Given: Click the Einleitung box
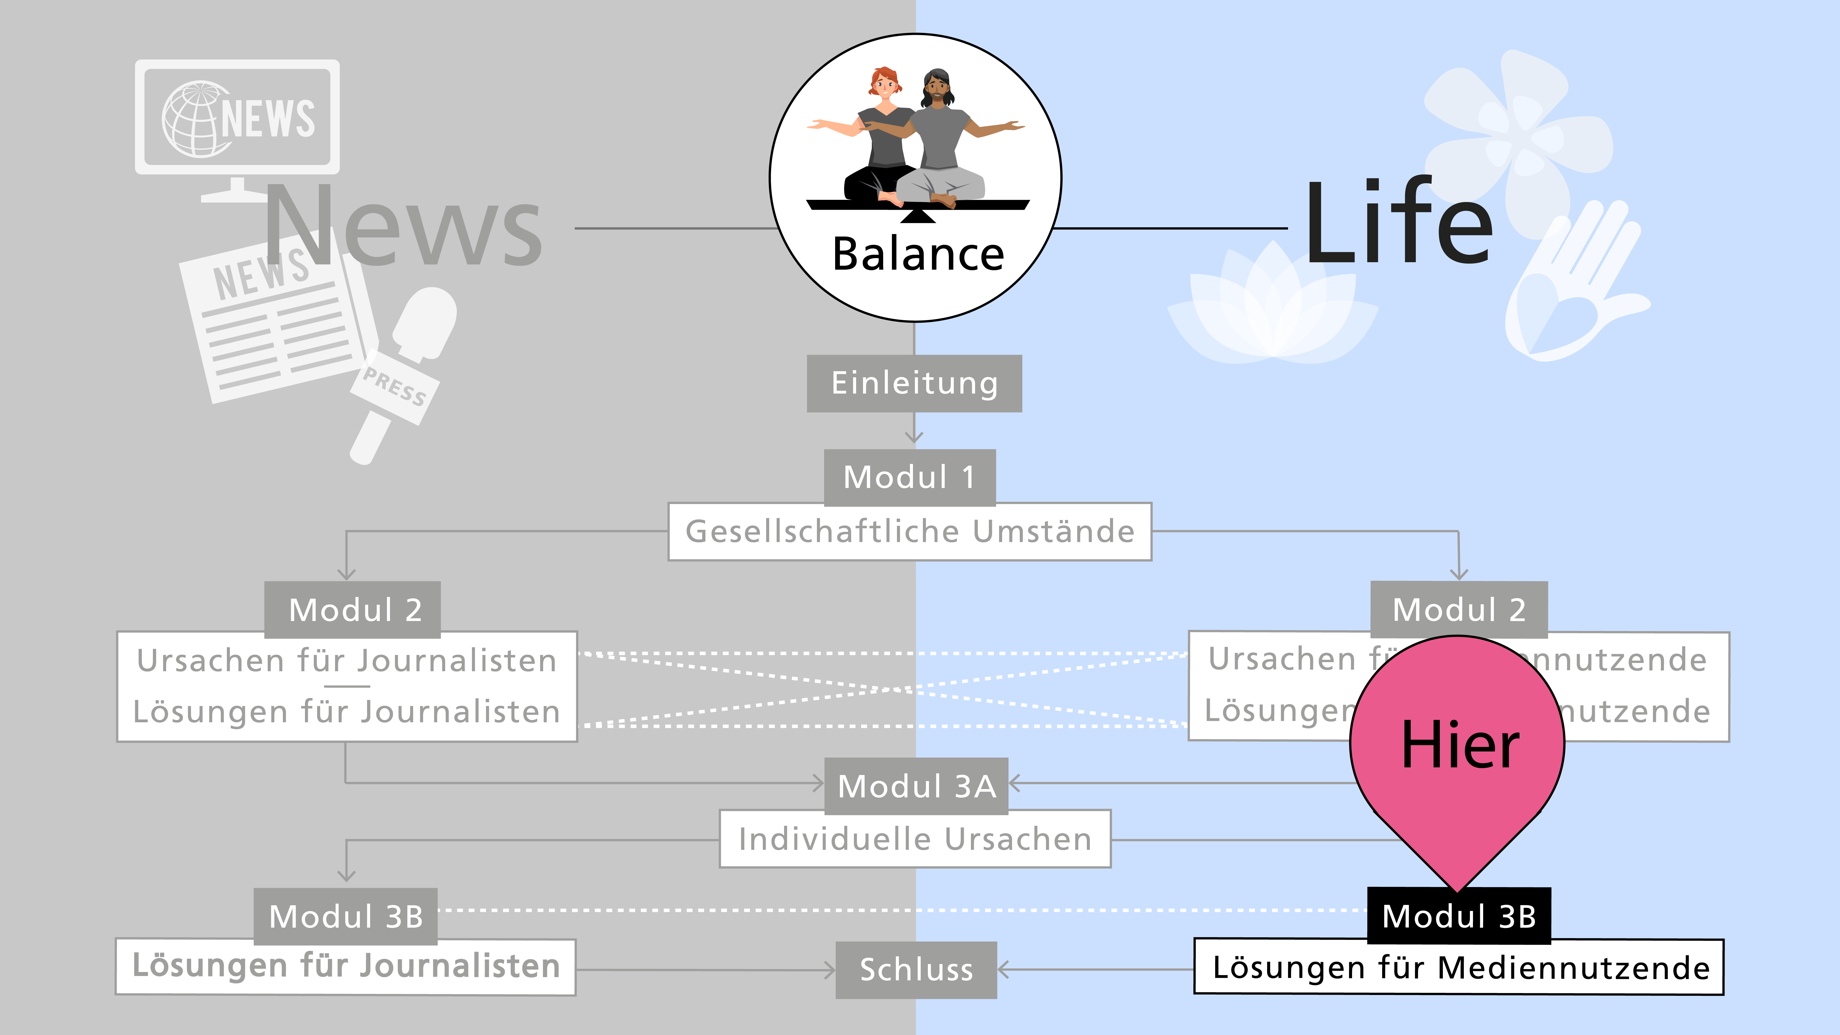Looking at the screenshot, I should pyautogui.click(x=914, y=384).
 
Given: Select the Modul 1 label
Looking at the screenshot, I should pyautogui.click(x=909, y=477).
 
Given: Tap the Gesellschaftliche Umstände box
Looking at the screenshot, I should pyautogui.click(x=909, y=531).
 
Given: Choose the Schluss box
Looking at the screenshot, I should pyautogui.click(x=916, y=969).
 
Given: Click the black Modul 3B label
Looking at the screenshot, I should pyautogui.click(x=1459, y=916).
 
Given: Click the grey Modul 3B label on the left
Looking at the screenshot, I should pyautogui.click(x=346, y=916).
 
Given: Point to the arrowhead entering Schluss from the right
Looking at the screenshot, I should pyautogui.click(x=1003, y=969).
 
